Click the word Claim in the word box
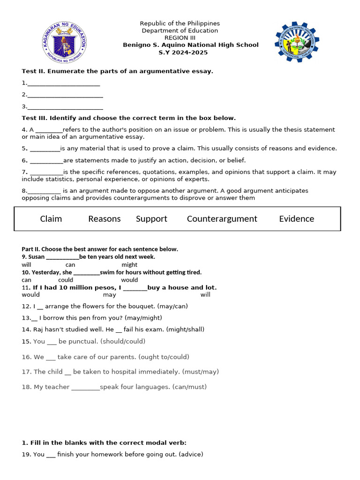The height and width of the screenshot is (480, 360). point(51,219)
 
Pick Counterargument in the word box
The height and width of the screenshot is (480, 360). point(222,219)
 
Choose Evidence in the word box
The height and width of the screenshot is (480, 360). point(296,219)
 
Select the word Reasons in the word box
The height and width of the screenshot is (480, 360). point(104,219)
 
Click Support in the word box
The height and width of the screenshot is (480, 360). point(151,219)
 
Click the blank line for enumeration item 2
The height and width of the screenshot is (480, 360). point(65,96)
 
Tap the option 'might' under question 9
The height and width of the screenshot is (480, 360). point(129,265)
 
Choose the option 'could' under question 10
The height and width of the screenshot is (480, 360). point(66,280)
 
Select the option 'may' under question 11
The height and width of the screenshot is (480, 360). point(109,295)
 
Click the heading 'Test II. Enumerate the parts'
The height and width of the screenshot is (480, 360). point(117,71)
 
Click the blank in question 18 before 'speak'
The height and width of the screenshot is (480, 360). point(85,388)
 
